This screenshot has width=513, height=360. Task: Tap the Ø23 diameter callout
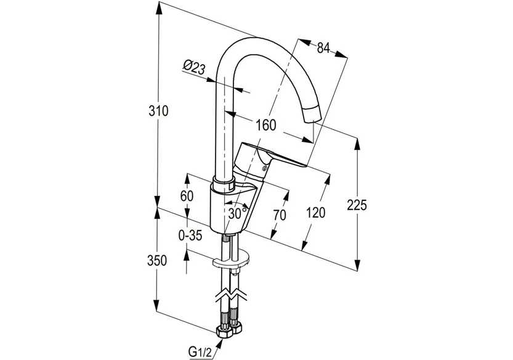[x=194, y=67]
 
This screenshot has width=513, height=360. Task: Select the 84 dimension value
[x=324, y=47]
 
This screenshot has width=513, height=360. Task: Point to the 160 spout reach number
[x=264, y=125]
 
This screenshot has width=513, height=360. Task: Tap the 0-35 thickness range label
[x=190, y=234]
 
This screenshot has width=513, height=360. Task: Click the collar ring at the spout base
[x=223, y=183]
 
